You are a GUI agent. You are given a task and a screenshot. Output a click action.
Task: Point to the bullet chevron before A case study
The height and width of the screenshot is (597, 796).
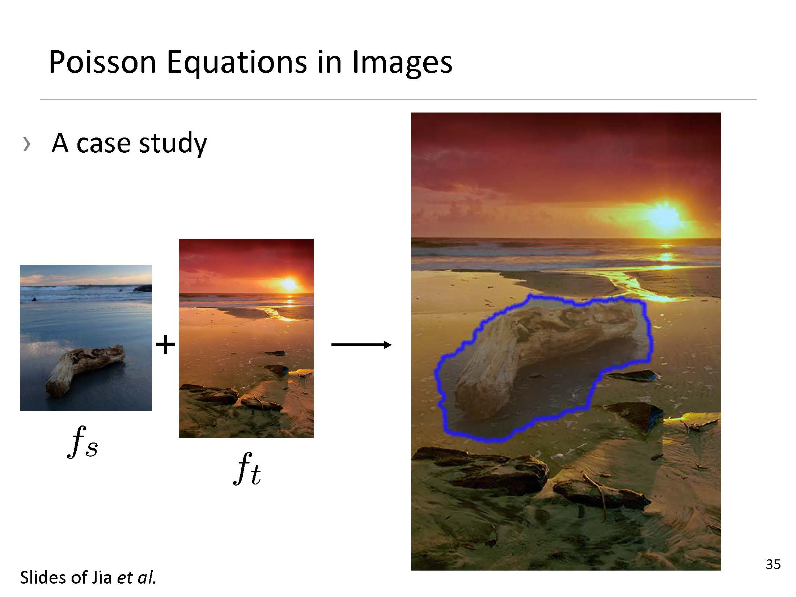click(26, 144)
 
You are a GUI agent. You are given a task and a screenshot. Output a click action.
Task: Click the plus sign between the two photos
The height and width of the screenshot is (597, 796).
click(165, 344)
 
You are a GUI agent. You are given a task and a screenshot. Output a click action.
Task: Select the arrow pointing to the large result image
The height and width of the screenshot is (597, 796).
click(361, 345)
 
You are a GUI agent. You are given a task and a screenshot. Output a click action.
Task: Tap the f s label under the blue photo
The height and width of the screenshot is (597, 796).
click(83, 442)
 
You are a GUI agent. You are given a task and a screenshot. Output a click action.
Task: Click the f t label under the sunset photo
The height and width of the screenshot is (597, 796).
click(247, 469)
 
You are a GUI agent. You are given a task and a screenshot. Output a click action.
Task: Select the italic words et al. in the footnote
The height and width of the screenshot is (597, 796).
click(136, 577)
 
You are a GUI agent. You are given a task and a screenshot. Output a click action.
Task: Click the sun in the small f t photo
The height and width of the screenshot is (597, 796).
click(289, 284)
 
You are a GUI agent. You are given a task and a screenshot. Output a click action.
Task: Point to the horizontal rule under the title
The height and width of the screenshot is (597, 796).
click(398, 99)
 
